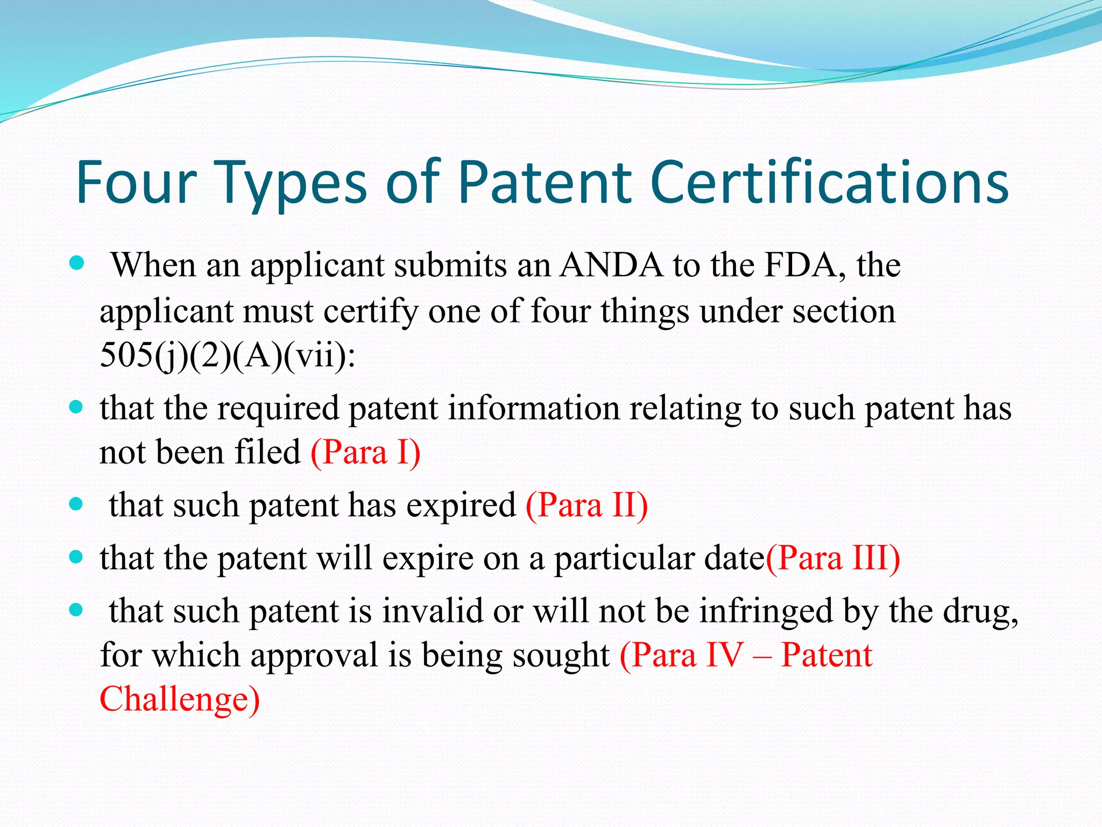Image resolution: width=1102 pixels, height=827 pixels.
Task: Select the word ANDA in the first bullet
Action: coord(611,265)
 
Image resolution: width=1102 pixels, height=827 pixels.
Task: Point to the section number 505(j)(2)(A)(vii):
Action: coord(228,355)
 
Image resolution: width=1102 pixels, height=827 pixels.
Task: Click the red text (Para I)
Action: coord(365,452)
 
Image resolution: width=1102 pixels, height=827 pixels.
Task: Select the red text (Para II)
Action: coord(587,506)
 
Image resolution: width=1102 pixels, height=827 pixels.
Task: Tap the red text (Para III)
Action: coord(832,558)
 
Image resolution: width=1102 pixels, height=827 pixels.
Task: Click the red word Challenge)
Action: coord(180,699)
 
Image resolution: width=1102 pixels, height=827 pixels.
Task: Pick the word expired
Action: coord(461,506)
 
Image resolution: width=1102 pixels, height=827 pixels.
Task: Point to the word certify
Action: coord(371,312)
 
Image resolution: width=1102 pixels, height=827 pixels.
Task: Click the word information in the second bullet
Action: coord(534,408)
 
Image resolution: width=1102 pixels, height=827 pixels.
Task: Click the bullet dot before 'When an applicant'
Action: coord(77,263)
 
